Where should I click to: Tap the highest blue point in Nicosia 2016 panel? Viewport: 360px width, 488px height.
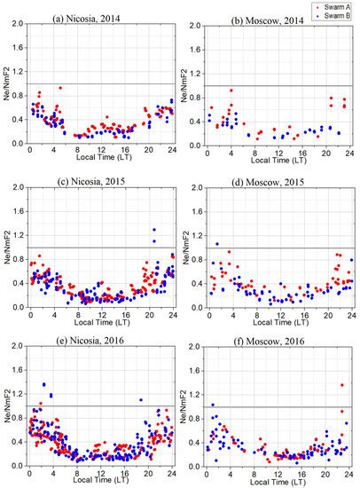pos(43,384)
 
